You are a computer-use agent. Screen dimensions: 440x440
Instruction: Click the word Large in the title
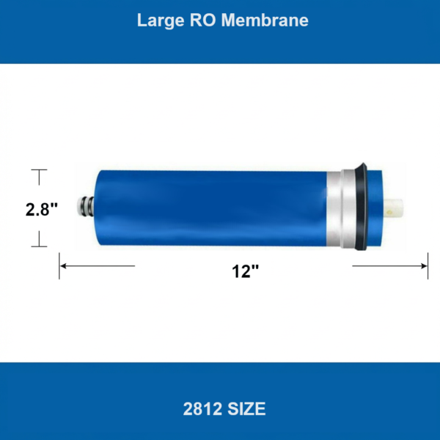coord(156,21)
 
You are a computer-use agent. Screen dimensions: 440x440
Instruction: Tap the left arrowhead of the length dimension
coord(64,265)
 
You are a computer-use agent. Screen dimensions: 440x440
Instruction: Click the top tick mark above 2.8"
coord(38,170)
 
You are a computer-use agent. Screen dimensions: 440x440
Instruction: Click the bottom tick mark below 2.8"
coord(38,247)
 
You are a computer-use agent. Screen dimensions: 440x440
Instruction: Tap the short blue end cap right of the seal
coord(375,209)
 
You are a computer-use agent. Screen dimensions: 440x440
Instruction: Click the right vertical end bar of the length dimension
coord(428,265)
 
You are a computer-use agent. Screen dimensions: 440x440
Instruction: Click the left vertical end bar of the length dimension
coord(59,265)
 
